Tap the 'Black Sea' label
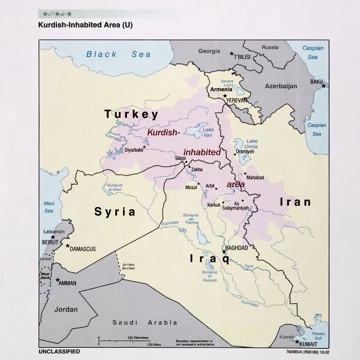pos(118,54)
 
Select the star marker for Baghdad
pos(224,252)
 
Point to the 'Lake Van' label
pos(208,132)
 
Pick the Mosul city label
pos(191,187)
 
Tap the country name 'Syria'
pos(115,211)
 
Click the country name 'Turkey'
pos(131,114)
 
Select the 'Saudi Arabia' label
pos(144,322)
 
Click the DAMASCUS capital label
pos(83,249)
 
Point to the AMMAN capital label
pos(67,283)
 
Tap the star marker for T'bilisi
pos(232,54)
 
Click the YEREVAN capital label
pos(237,100)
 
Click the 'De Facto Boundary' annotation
pos(128,266)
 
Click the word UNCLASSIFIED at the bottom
pos(59,351)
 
